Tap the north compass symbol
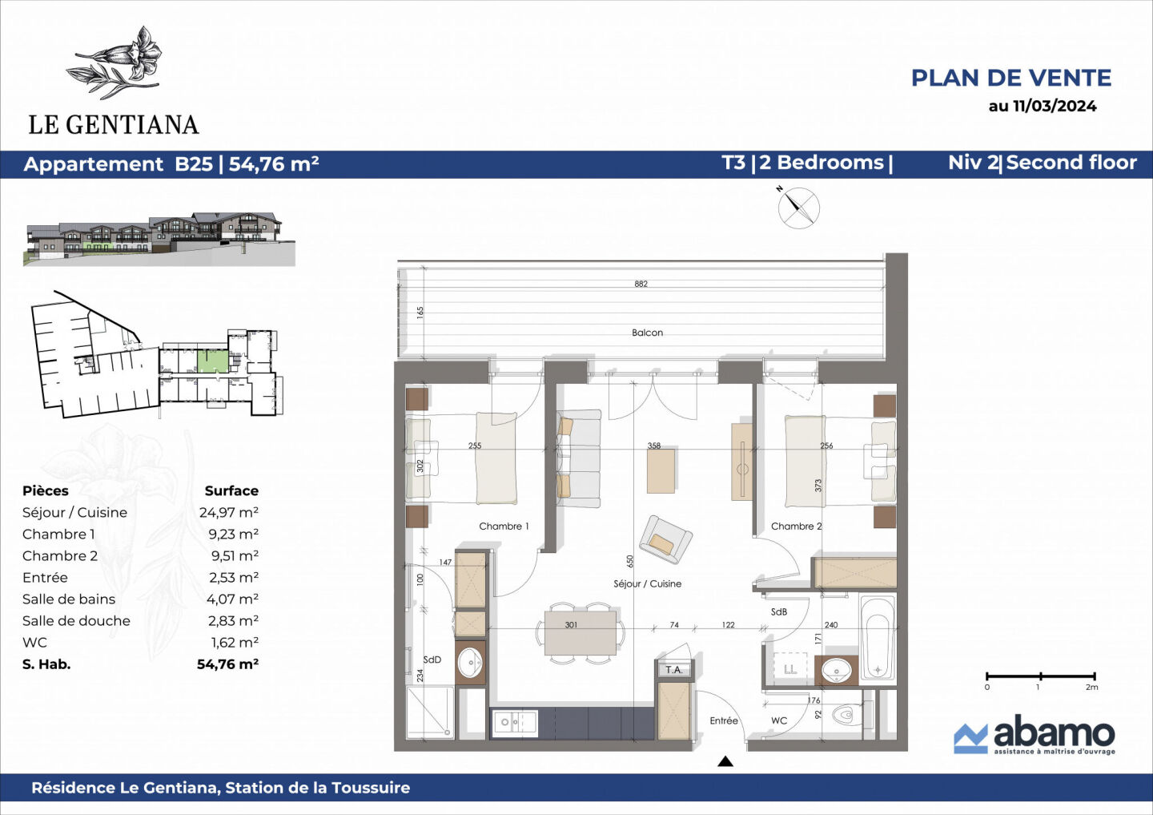(x=798, y=208)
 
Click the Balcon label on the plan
(x=647, y=333)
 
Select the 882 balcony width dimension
(x=641, y=284)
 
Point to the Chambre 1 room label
(x=504, y=527)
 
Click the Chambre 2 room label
(x=796, y=527)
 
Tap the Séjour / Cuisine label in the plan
(x=647, y=583)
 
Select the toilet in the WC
(x=847, y=714)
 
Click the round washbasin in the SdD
(x=470, y=662)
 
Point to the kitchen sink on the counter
(x=513, y=723)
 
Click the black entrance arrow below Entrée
(x=725, y=761)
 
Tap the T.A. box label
(x=674, y=670)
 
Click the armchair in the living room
(x=665, y=539)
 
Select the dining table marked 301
(x=581, y=631)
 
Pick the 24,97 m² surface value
(x=228, y=513)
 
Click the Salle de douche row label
(x=76, y=621)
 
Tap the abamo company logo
(x=1034, y=735)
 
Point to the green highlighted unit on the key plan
(x=212, y=361)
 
